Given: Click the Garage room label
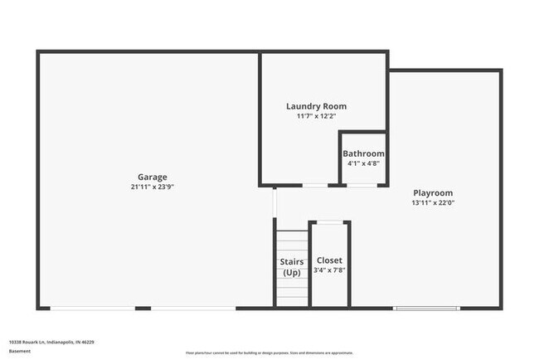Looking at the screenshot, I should (x=153, y=177).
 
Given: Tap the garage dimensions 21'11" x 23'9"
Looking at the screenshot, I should (x=153, y=187).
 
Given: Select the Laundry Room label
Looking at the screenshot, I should (x=316, y=106).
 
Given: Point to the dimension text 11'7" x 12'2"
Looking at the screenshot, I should (x=316, y=117).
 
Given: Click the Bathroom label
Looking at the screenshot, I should (x=363, y=153).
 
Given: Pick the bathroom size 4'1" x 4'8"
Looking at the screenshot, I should (x=363, y=164).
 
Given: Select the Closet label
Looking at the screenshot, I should (x=329, y=260).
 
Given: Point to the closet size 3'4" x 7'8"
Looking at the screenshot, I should (x=329, y=270).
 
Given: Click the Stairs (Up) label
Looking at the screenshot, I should (x=292, y=267).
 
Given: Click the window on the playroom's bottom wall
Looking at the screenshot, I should (x=426, y=309).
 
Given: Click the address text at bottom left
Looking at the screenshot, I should (x=51, y=342).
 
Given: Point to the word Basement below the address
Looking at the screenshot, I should (x=19, y=351).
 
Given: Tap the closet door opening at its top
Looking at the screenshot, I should (x=329, y=221).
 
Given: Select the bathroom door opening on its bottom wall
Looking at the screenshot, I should (x=362, y=185).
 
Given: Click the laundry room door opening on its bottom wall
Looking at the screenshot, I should (x=314, y=185).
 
